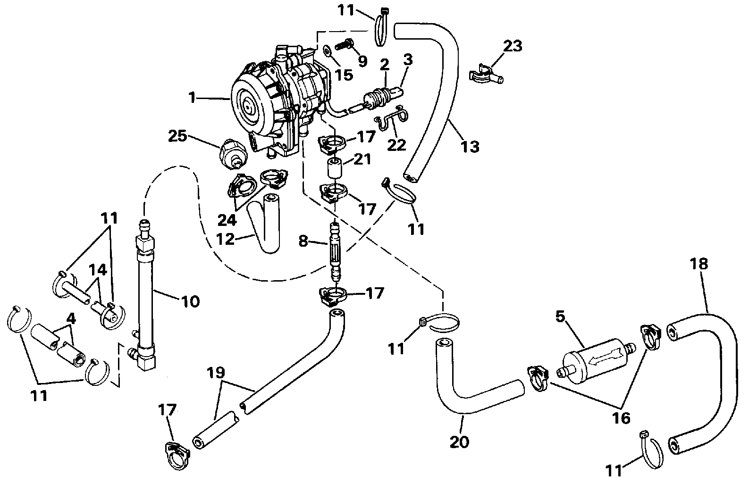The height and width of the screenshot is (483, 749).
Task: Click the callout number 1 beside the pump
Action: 191,98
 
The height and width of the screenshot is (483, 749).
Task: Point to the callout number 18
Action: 699,264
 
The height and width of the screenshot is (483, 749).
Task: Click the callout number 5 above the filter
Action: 560,317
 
